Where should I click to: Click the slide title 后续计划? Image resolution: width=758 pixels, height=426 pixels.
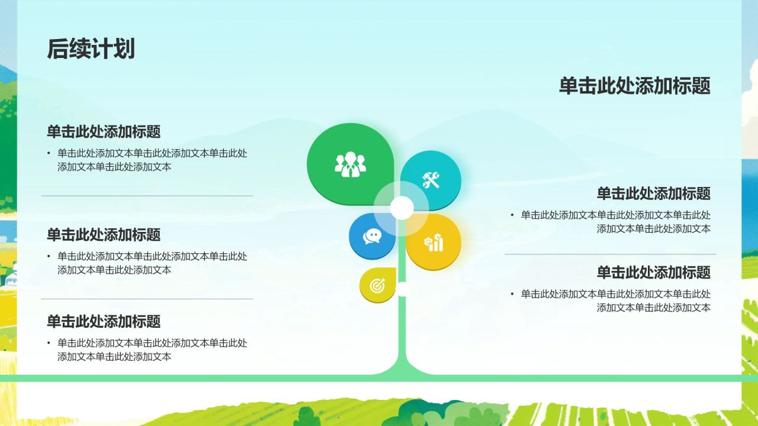click(x=91, y=49)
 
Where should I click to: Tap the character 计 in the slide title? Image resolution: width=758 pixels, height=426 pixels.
click(x=102, y=49)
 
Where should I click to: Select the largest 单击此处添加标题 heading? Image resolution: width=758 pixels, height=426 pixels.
click(x=634, y=86)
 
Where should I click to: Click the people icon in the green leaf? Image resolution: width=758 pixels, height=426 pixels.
click(x=350, y=164)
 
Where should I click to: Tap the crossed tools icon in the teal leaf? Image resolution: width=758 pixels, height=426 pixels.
click(x=431, y=179)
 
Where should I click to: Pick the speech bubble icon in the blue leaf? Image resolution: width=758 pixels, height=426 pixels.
click(x=372, y=236)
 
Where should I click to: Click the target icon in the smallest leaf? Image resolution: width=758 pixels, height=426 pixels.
click(x=377, y=286)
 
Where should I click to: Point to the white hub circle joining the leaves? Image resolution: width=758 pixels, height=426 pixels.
click(x=402, y=208)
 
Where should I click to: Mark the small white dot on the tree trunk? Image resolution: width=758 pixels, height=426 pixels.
click(x=403, y=289)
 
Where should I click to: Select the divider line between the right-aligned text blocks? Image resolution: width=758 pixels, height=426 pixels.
click(x=610, y=254)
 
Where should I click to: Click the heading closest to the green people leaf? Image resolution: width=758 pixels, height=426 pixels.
click(x=104, y=131)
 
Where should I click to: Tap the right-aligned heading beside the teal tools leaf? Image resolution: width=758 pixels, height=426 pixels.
click(x=653, y=193)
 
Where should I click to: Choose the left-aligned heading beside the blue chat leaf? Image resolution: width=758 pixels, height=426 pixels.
click(x=104, y=234)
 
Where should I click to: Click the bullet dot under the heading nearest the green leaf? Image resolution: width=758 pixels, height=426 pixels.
click(x=49, y=153)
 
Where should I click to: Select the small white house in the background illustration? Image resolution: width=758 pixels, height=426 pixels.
click(x=8, y=275)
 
